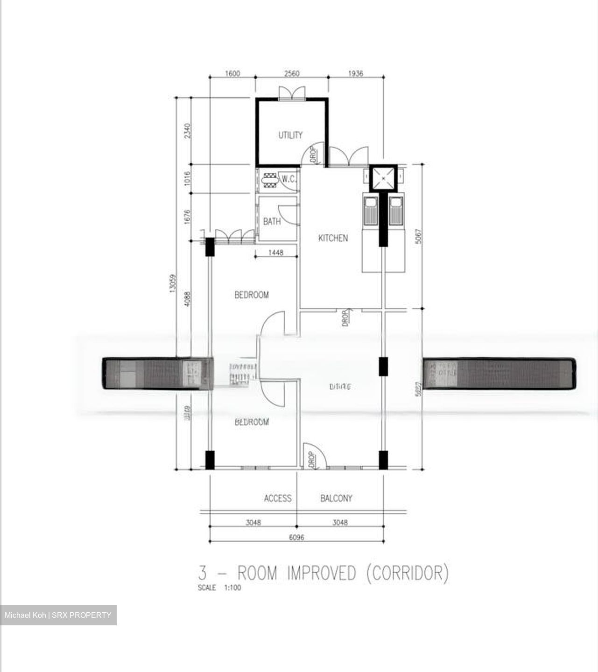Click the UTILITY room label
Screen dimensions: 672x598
pyautogui.click(x=290, y=135)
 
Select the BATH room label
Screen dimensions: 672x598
pyautogui.click(x=272, y=221)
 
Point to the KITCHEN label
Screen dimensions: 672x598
pyautogui.click(x=333, y=238)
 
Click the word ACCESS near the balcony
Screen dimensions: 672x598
pyautogui.click(x=277, y=498)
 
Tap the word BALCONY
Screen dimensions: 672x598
pyautogui.click(x=336, y=498)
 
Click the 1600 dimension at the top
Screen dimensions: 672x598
pyautogui.click(x=232, y=73)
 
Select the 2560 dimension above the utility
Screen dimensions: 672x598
pyautogui.click(x=291, y=73)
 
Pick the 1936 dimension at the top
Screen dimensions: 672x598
pyautogui.click(x=355, y=73)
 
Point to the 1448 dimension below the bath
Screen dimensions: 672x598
pyautogui.click(x=276, y=252)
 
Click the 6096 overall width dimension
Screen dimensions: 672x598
pyautogui.click(x=296, y=537)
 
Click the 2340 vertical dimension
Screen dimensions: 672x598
pyautogui.click(x=187, y=131)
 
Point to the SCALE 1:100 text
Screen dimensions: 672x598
pyautogui.click(x=219, y=588)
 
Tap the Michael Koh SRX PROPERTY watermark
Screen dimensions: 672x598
pyautogui.click(x=58, y=615)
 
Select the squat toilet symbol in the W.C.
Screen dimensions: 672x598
pyautogui.click(x=270, y=180)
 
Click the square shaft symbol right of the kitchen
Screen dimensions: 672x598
pyautogui.click(x=383, y=178)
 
